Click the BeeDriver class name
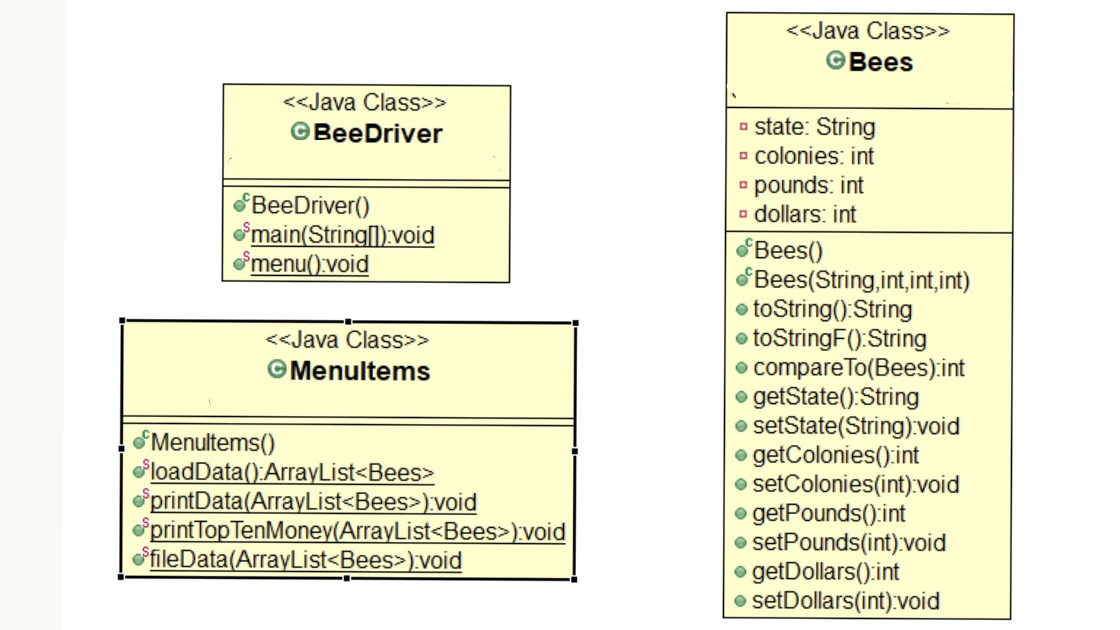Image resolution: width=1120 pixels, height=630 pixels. tap(377, 133)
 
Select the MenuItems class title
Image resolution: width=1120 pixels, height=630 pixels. tap(359, 370)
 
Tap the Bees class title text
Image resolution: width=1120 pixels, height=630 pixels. tap(880, 62)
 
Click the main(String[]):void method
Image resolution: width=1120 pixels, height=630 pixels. tap(342, 235)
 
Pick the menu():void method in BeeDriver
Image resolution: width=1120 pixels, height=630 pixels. tap(310, 264)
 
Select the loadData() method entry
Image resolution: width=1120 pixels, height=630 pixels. tap(291, 472)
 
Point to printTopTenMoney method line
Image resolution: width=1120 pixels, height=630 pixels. tap(357, 531)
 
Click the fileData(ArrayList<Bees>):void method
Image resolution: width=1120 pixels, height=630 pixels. tap(305, 559)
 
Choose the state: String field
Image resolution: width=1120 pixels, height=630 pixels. tap(814, 127)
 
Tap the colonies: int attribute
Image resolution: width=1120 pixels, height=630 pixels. tap(814, 156)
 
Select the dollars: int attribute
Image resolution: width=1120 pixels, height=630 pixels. tap(804, 214)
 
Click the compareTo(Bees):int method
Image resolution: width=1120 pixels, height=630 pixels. tap(858, 368)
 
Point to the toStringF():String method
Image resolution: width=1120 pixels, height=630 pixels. tap(839, 339)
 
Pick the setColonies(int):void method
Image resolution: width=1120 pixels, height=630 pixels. tap(856, 484)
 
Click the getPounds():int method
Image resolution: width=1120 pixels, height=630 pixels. tap(829, 513)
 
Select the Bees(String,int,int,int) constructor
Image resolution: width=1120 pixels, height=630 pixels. tap(861, 280)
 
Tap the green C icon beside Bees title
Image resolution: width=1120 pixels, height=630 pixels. tap(835, 60)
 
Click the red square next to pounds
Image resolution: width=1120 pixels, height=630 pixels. tap(744, 185)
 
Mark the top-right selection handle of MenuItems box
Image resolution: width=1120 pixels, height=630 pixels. tap(576, 323)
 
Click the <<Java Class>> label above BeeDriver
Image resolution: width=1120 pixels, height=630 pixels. tap(365, 102)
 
